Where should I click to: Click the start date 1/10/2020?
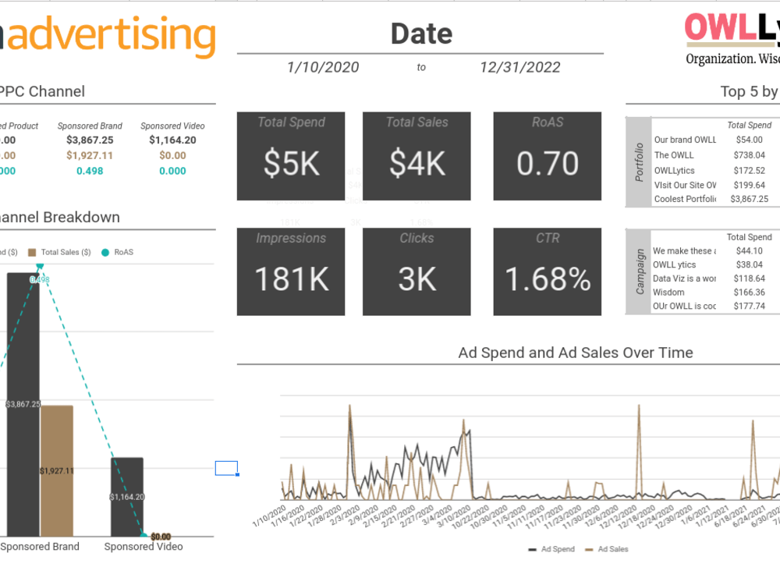[x=323, y=67]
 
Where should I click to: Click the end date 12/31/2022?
[x=520, y=67]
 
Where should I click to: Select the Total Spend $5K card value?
[x=291, y=164]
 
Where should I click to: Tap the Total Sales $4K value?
[x=417, y=164]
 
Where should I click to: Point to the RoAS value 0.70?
[x=548, y=164]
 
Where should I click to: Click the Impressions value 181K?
[x=291, y=279]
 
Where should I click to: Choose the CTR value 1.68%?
[x=548, y=279]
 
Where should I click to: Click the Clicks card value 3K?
[x=417, y=279]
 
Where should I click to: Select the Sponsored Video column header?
[x=172, y=126]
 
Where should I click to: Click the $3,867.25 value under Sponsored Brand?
[x=90, y=140]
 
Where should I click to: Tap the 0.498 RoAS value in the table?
[x=90, y=171]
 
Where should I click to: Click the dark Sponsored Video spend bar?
[x=126, y=496]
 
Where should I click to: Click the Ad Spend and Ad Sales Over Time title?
[x=576, y=353]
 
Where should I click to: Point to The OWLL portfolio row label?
[x=674, y=155]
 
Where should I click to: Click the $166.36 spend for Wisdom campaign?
[x=749, y=292]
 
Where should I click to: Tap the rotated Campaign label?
[x=640, y=271]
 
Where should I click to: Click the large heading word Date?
[x=421, y=34]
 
